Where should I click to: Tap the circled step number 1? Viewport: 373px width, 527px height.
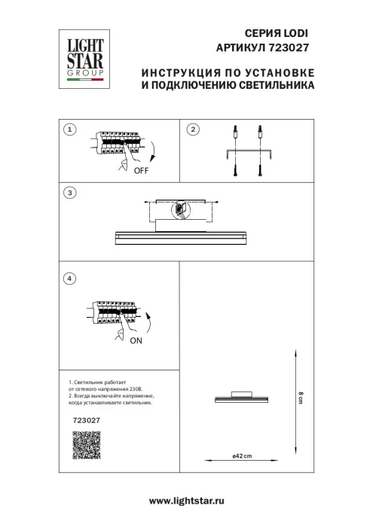[70, 130]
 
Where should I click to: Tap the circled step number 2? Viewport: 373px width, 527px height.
[192, 130]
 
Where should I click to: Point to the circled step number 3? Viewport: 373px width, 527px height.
[70, 193]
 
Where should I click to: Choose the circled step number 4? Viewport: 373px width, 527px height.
[70, 279]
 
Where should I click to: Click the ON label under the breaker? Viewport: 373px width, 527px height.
[136, 341]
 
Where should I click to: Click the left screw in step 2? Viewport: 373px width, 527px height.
[235, 170]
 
